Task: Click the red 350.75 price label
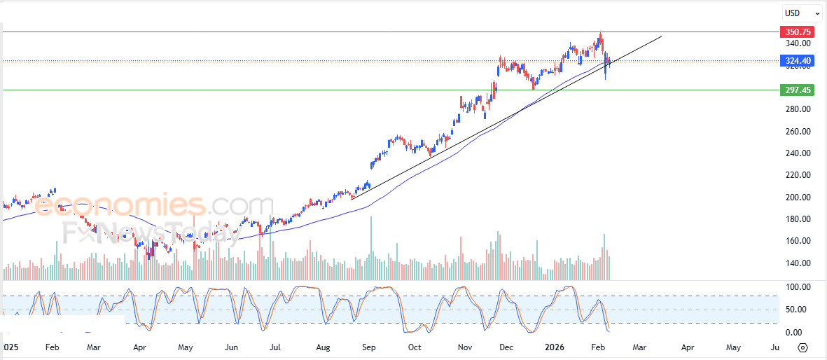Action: click(x=798, y=32)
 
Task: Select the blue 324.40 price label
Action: click(x=798, y=61)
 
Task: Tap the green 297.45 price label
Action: click(x=798, y=90)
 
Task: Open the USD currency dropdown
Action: click(x=802, y=13)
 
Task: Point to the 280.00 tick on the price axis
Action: click(x=798, y=109)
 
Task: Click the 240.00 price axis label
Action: click(x=798, y=153)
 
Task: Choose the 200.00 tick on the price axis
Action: click(x=798, y=198)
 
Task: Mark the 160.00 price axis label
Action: click(x=798, y=241)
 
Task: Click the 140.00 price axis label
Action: click(x=798, y=263)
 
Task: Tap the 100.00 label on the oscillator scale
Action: click(x=798, y=287)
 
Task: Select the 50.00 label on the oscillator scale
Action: click(x=798, y=310)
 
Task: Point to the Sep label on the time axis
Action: click(x=368, y=347)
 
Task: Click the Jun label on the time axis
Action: click(x=232, y=347)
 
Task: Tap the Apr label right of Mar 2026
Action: click(x=688, y=347)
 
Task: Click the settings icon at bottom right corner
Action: click(x=803, y=347)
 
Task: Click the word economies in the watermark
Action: click(x=120, y=205)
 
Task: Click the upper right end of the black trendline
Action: click(x=661, y=35)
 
